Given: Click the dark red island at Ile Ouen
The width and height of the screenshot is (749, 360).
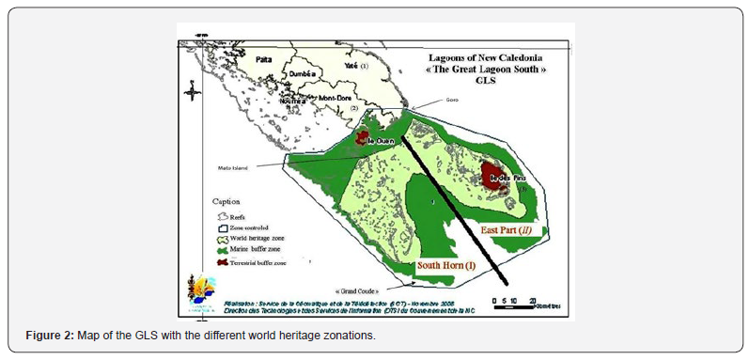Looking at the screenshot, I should click(x=362, y=140).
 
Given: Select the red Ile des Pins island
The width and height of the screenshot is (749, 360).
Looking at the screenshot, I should click(x=492, y=175).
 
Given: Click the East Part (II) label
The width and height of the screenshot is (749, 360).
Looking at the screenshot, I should click(x=504, y=227).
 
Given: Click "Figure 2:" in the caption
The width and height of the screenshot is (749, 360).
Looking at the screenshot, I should click(x=44, y=337).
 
